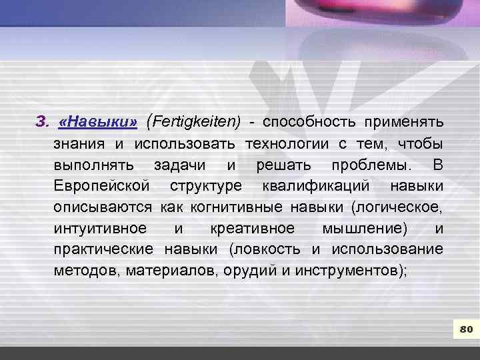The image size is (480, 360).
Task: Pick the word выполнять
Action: (x=94, y=165)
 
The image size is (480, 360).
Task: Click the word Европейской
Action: (x=102, y=186)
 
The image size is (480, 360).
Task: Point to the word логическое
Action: (x=400, y=207)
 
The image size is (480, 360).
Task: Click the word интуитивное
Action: (x=101, y=229)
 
